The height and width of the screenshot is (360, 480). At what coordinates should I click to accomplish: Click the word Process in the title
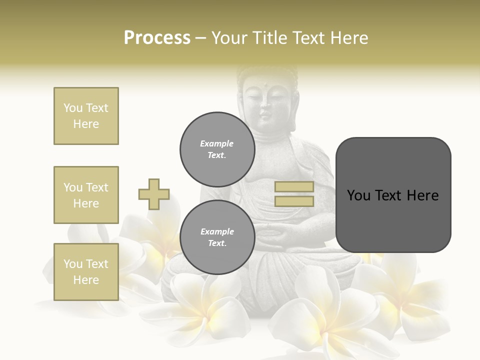[157, 38]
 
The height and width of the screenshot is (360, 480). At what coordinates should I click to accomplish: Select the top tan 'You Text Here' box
[86, 116]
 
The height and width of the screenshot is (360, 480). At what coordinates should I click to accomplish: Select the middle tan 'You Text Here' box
[86, 195]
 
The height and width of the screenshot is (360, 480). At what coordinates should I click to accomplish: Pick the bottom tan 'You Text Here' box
[86, 272]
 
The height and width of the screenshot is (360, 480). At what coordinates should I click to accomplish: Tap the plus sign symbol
[153, 194]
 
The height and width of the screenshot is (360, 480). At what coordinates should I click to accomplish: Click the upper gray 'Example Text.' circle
[217, 149]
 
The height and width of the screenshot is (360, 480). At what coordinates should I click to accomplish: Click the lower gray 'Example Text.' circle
[217, 237]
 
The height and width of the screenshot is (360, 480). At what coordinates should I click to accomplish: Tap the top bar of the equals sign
[294, 187]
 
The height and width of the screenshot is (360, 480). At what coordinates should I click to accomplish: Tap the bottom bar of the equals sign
[294, 201]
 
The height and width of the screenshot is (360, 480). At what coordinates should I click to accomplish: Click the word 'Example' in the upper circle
[217, 143]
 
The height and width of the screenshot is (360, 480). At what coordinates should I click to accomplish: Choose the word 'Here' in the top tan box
[86, 124]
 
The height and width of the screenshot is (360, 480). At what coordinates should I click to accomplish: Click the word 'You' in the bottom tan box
[72, 264]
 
